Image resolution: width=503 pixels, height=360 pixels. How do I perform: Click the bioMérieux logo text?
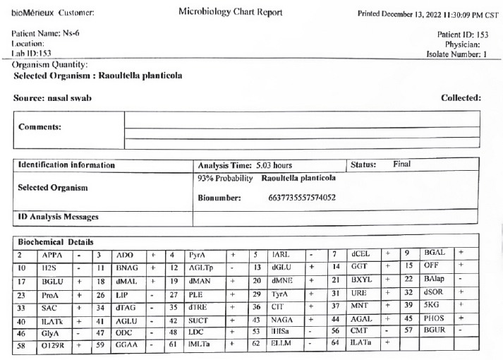tap(32, 13)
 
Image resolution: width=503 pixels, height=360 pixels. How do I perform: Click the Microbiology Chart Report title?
tap(231, 13)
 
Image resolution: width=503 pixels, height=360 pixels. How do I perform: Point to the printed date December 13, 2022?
tap(416, 13)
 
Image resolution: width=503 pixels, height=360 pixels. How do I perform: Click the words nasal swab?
tap(73, 97)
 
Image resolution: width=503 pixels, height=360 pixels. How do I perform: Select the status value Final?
tap(402, 164)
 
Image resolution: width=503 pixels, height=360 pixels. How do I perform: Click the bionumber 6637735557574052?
tap(301, 198)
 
